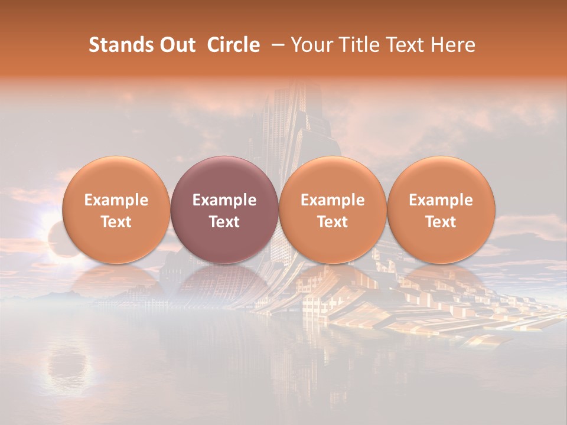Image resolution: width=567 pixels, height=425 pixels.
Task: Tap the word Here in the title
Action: (452, 45)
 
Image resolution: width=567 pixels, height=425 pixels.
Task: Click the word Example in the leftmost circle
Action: (116, 200)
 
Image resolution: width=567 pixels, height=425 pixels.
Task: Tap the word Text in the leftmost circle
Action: (116, 222)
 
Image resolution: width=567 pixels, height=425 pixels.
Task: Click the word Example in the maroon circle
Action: (224, 200)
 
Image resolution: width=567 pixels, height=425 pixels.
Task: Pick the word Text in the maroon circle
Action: (224, 222)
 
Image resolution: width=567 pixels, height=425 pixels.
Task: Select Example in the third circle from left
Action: (333, 200)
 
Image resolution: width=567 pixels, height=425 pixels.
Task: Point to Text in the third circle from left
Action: (333, 222)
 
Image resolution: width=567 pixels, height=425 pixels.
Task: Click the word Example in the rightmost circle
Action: (441, 200)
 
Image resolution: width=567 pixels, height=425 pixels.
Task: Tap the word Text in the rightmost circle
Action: (441, 222)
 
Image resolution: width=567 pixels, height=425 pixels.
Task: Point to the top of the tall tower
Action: (289, 89)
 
